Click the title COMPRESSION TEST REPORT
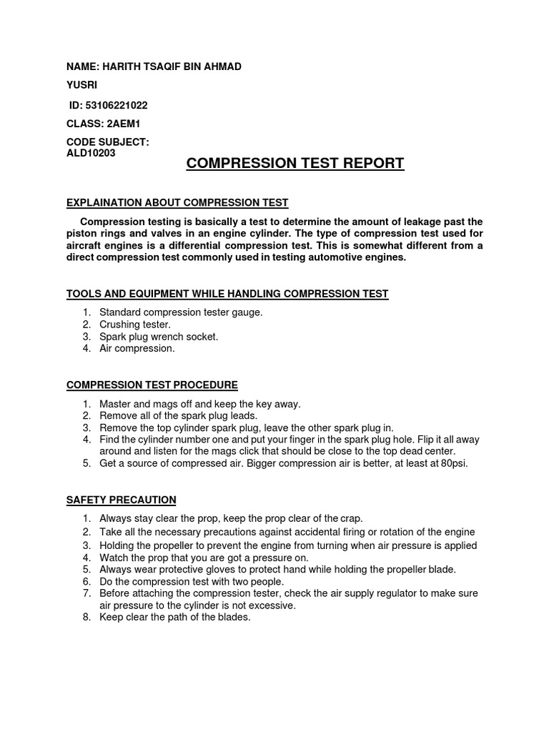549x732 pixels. click(x=295, y=163)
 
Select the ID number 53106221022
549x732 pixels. click(x=118, y=105)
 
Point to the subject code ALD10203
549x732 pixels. click(x=91, y=152)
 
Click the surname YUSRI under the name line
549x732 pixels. click(x=81, y=85)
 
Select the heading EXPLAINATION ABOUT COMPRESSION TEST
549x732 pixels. click(x=177, y=204)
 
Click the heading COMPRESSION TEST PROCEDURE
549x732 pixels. click(x=152, y=385)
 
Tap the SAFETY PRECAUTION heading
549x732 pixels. click(x=122, y=500)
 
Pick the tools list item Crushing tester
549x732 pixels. click(x=135, y=324)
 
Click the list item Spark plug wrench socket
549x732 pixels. click(x=159, y=336)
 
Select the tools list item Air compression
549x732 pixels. click(x=137, y=348)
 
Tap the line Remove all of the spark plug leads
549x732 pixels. click(x=178, y=415)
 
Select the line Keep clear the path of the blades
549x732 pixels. click(x=175, y=617)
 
